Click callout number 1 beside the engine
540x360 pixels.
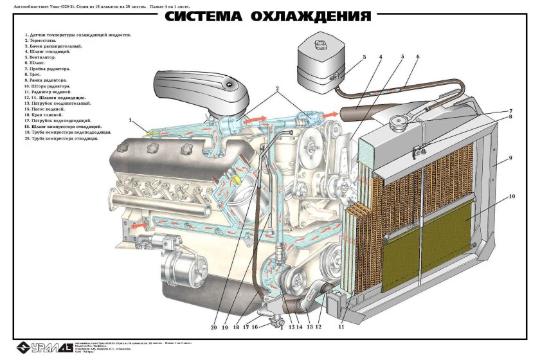pos(131,120)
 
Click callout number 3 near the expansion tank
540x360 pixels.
pos(364,58)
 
